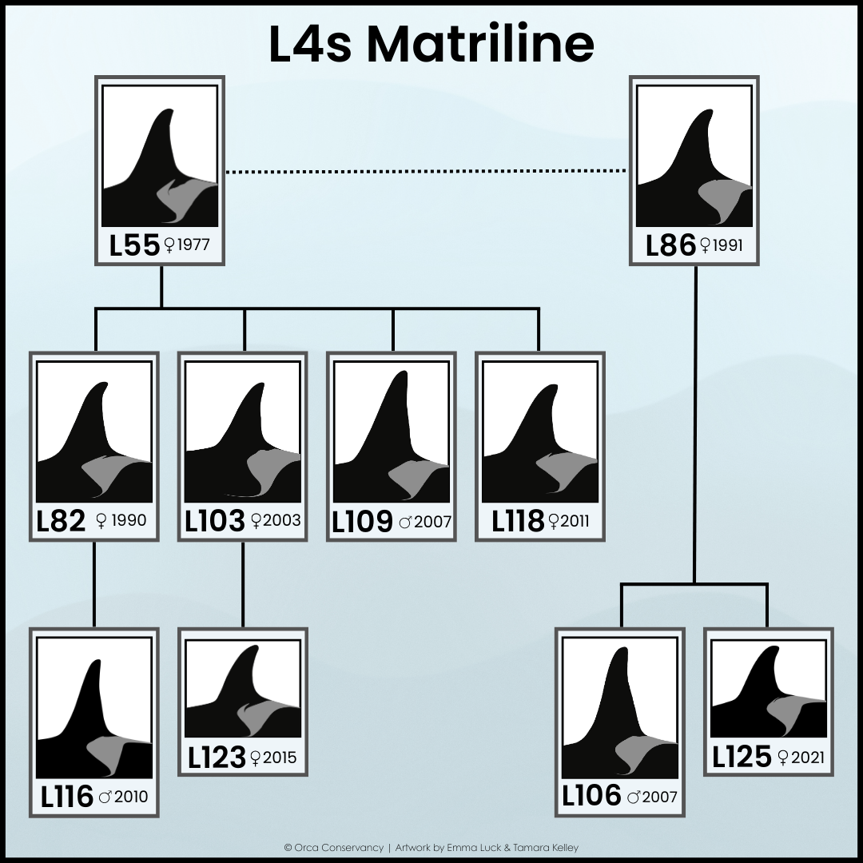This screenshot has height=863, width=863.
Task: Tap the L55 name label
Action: (134, 245)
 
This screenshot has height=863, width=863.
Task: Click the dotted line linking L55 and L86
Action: (425, 170)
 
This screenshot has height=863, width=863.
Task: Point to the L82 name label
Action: (61, 521)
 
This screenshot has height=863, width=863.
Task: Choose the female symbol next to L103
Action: (256, 521)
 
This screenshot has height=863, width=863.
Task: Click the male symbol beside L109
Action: (406, 523)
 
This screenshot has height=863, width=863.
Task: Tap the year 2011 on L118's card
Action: (575, 522)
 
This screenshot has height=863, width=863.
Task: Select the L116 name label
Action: (66, 796)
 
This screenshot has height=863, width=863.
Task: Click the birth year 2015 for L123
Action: (280, 757)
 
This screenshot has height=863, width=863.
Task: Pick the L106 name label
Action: (591, 795)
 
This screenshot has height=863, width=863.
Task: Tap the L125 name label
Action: (742, 756)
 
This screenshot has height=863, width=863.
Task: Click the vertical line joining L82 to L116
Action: (94, 583)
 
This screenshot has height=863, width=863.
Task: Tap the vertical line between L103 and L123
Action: (243, 583)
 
